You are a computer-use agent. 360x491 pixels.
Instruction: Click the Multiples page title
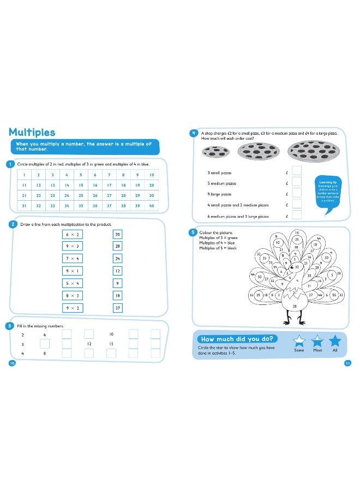(32, 133)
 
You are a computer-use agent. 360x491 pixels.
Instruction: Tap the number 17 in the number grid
(109, 185)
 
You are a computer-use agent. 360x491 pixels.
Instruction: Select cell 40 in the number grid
(152, 206)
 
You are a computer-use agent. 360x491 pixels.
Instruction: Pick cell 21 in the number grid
(24, 195)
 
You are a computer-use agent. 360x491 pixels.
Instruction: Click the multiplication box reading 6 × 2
(72, 234)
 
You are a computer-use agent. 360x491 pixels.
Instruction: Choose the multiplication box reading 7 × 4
(72, 258)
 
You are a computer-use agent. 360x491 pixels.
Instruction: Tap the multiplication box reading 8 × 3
(72, 296)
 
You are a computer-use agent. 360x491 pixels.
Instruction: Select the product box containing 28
(117, 247)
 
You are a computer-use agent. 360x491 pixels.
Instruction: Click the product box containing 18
(117, 296)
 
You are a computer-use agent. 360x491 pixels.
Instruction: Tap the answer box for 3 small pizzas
(297, 172)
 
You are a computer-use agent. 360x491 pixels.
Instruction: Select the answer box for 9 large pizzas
(297, 194)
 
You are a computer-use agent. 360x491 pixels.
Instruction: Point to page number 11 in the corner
(347, 363)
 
